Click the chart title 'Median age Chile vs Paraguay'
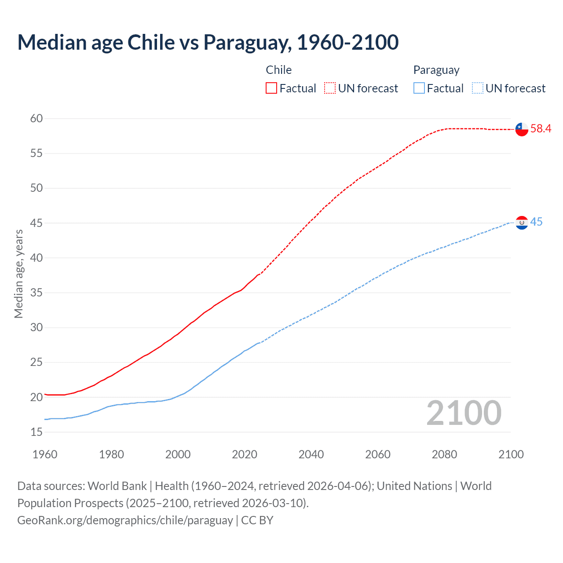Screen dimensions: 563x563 [x=208, y=42]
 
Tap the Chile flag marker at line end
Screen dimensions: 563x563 [x=522, y=129]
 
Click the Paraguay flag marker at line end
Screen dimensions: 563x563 [x=522, y=223]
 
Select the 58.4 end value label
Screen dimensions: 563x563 [x=541, y=129]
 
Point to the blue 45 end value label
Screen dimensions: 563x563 [x=536, y=222]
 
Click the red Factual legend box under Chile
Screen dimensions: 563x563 [x=271, y=88]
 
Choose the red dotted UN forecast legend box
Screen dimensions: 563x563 [x=330, y=88]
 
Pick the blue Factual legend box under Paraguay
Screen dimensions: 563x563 [x=419, y=88]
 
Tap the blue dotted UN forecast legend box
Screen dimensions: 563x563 [x=477, y=88]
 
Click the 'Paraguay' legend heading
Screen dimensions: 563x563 [x=436, y=70]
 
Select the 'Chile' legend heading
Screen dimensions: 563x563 [x=278, y=70]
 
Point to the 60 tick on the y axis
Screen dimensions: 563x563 [x=37, y=118]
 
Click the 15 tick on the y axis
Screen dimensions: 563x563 [x=37, y=432]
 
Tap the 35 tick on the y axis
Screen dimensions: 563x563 [x=37, y=292]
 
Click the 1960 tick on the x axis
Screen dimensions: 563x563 [x=45, y=454]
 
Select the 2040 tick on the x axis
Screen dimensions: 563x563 [x=311, y=454]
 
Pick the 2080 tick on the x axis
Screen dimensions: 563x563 [x=444, y=454]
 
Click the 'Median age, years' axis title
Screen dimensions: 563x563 [x=18, y=274]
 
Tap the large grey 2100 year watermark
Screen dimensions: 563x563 [x=464, y=413]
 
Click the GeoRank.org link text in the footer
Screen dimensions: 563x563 [x=125, y=520]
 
